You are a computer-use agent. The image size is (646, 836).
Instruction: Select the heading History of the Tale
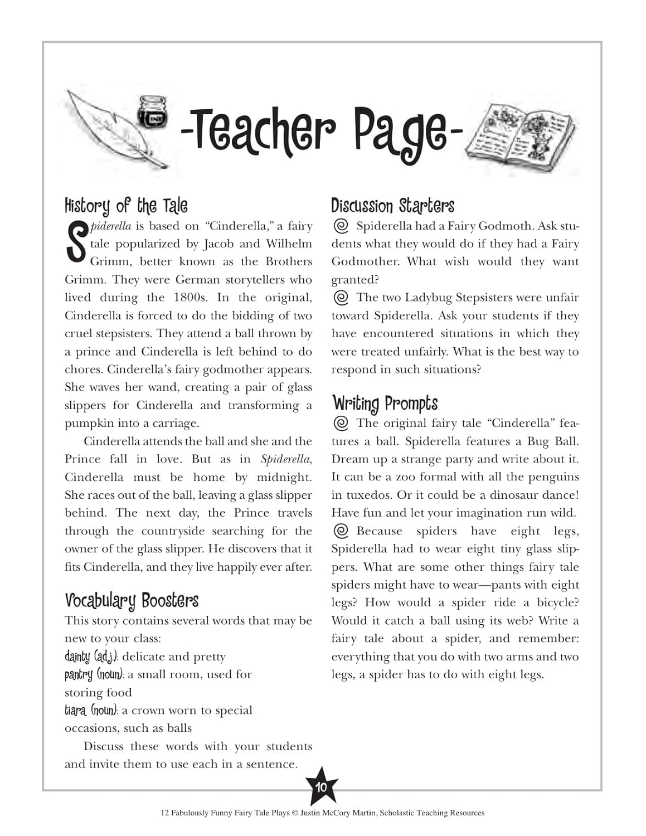click(126, 206)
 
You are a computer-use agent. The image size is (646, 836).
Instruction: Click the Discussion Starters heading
click(392, 206)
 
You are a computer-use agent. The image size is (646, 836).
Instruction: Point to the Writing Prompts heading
click(385, 404)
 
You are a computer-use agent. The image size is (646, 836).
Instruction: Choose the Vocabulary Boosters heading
click(132, 601)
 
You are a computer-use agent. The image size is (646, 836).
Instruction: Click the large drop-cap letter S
click(76, 243)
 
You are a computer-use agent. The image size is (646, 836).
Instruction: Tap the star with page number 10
click(321, 787)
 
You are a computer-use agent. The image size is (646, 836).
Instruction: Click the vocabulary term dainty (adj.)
click(91, 657)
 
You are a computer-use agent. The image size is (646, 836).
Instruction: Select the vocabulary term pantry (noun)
click(93, 674)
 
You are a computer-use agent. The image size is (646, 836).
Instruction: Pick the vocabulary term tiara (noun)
click(91, 710)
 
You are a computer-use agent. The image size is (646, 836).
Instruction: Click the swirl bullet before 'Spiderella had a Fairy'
click(341, 226)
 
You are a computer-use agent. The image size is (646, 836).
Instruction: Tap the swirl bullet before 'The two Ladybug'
click(341, 297)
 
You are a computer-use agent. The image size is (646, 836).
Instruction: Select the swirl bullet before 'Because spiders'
click(341, 531)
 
